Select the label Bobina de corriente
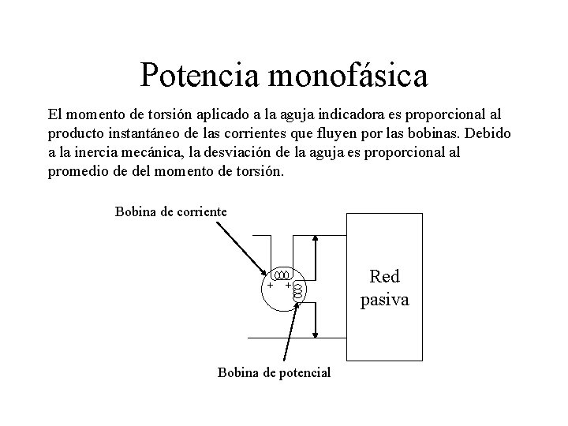click(171, 211)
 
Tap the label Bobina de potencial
click(274, 372)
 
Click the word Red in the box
click(384, 277)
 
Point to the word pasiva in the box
click(384, 300)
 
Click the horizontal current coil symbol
click(282, 275)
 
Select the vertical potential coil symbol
click(297, 292)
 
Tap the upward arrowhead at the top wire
click(316, 239)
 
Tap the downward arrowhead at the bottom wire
click(316, 332)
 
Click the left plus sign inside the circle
click(270, 285)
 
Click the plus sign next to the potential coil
click(288, 285)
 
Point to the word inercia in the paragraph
click(107, 151)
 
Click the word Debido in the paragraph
click(490, 133)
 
